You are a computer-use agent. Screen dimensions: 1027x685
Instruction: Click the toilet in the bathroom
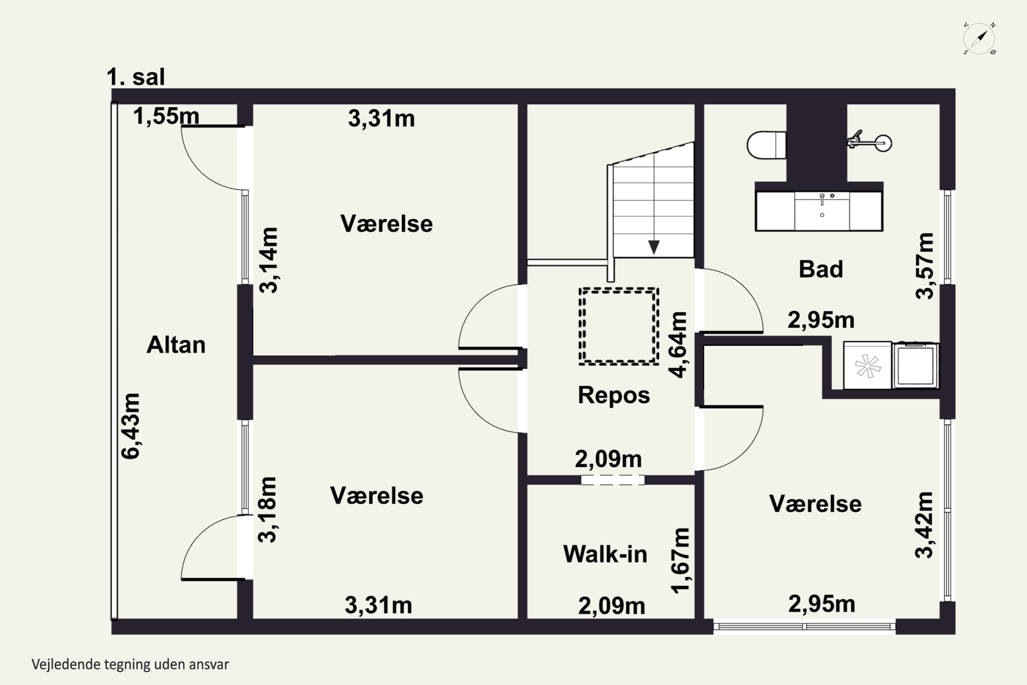pos(766,145)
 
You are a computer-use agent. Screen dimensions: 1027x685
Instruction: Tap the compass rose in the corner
pos(979,38)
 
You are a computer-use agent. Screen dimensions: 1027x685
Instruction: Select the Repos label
pos(614,395)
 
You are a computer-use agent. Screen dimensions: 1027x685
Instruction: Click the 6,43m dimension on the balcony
pos(130,426)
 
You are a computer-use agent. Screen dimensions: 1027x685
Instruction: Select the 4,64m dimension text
pos(678,345)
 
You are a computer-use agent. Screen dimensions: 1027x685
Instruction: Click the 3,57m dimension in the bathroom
pos(924,266)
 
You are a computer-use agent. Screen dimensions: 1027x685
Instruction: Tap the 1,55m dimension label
pos(166,116)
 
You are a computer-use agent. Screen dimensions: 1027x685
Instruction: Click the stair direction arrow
pos(654,247)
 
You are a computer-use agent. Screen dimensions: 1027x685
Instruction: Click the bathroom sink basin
pos(822,211)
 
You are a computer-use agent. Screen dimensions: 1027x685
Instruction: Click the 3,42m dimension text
pos(924,525)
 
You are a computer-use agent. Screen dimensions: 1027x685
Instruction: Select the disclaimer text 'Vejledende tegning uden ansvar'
pos(130,664)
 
